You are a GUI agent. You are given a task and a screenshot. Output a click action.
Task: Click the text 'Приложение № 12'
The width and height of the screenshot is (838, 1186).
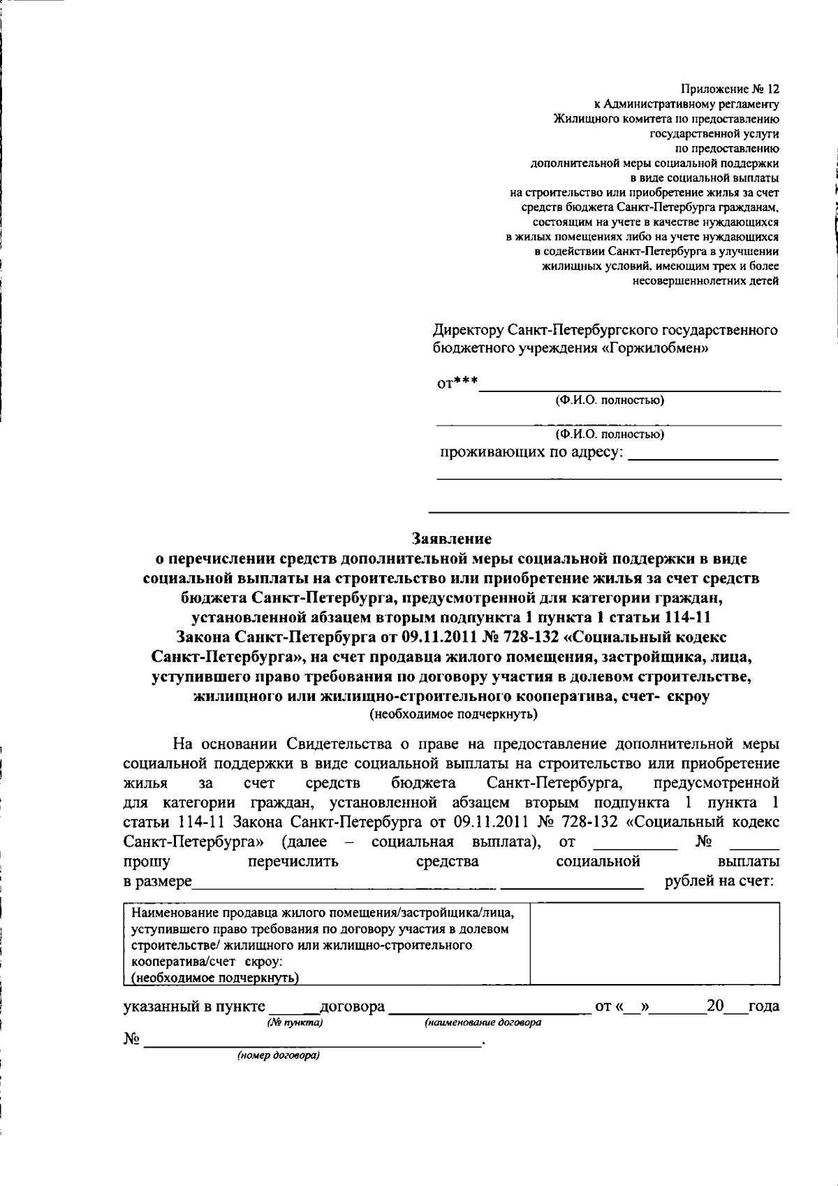coord(729,90)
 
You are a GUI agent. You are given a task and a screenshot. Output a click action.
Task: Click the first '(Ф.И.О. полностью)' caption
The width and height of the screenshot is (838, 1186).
coord(609,400)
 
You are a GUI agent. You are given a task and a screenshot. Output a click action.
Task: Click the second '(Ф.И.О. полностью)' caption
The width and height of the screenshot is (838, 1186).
coord(609,434)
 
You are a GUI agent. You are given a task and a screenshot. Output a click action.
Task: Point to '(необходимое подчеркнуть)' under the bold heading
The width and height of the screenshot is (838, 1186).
coord(453,714)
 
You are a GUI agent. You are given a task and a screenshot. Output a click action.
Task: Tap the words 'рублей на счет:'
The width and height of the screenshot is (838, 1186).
coord(719,881)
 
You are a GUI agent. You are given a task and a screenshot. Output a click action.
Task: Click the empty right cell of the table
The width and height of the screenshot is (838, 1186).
coord(654,943)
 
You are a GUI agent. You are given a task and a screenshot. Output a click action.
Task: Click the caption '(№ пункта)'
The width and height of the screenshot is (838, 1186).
coord(294,1023)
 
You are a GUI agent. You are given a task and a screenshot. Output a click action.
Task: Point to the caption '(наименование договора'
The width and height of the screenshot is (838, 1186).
coord(483,1023)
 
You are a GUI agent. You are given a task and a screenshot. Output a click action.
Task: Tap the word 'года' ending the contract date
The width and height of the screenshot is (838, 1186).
coord(763,1007)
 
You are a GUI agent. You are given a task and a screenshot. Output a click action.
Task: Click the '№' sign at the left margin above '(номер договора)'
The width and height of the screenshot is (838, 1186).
coord(131,1039)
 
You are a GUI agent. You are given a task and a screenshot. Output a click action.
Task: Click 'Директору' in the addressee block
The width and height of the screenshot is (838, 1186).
coord(467,329)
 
